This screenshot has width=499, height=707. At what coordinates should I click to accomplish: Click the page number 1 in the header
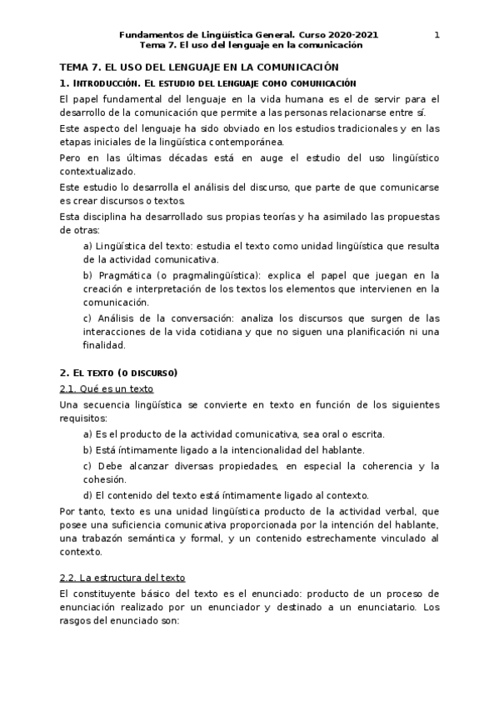(x=437, y=34)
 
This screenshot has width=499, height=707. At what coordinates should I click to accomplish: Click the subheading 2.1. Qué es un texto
(x=107, y=389)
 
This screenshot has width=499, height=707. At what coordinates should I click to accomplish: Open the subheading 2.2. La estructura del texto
(x=122, y=578)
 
